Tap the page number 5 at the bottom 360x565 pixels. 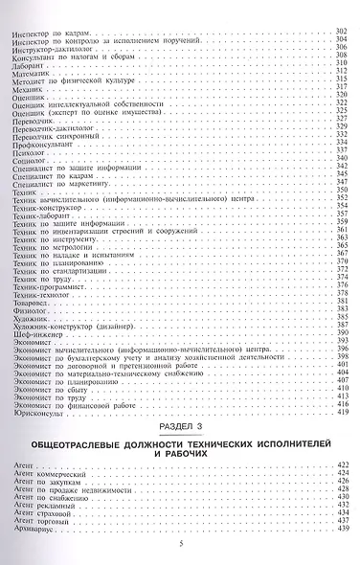[180, 546]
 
